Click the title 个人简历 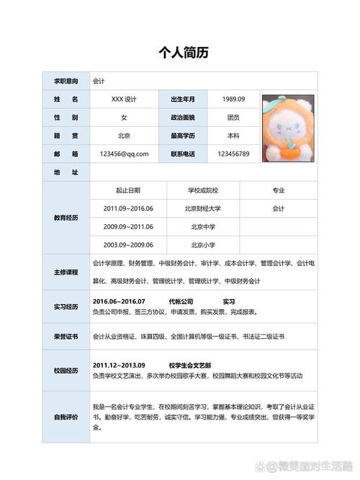(x=180, y=53)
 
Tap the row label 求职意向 (x=66, y=81)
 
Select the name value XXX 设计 (x=124, y=99)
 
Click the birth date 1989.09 (x=233, y=99)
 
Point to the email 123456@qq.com (x=124, y=154)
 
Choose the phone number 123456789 (x=233, y=154)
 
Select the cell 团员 (x=233, y=117)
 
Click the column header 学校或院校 (x=203, y=190)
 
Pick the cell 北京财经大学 (x=203, y=208)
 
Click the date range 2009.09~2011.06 (x=128, y=226)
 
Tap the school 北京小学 (x=203, y=244)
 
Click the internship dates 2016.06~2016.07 (x=119, y=301)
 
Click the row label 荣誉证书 (x=66, y=337)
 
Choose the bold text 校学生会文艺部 (x=190, y=365)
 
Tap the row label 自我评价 (x=66, y=417)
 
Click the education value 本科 (x=233, y=135)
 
